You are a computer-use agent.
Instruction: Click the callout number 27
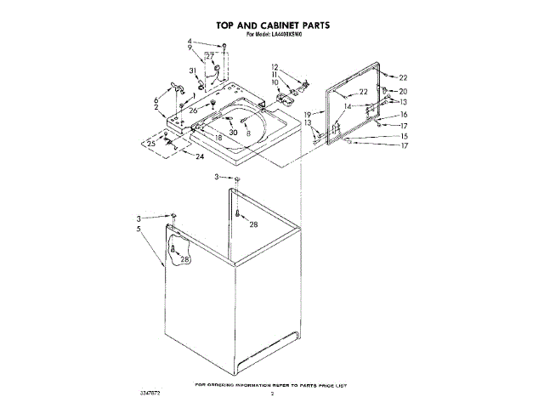pyautogui.click(x=210, y=56)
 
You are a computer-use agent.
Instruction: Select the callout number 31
pyautogui.click(x=193, y=71)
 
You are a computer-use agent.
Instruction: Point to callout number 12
pyautogui.click(x=275, y=67)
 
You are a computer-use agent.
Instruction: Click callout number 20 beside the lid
pyautogui.click(x=403, y=91)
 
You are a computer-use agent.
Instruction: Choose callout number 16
pyautogui.click(x=404, y=114)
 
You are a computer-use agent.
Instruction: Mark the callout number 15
pyautogui.click(x=404, y=136)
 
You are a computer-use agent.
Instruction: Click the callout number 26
pyautogui.click(x=193, y=110)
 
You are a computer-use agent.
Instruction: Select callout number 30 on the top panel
pyautogui.click(x=233, y=133)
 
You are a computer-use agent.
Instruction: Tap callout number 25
pyautogui.click(x=151, y=144)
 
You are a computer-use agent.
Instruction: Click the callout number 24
pyautogui.click(x=201, y=157)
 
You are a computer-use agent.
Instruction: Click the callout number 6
pyautogui.click(x=156, y=100)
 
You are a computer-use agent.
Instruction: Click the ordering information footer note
pyautogui.click(x=271, y=385)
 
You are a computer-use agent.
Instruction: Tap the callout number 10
pyautogui.click(x=275, y=82)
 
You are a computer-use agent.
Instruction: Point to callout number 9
pyautogui.click(x=190, y=48)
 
